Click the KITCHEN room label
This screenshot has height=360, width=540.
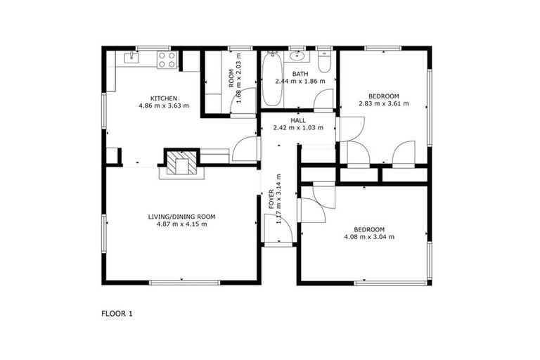(x=163, y=98)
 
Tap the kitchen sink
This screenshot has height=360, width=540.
(x=131, y=56)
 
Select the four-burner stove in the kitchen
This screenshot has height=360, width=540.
(x=166, y=60)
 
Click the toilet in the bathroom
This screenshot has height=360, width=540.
(x=323, y=62)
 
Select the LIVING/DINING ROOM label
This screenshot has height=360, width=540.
(x=181, y=216)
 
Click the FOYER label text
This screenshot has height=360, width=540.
(x=272, y=198)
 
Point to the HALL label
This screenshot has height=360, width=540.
(x=298, y=120)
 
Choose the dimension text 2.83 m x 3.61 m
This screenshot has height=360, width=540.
(x=383, y=104)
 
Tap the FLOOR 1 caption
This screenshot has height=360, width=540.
(x=117, y=314)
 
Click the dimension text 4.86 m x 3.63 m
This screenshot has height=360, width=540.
(x=163, y=106)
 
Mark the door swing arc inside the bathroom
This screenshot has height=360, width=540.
(x=324, y=100)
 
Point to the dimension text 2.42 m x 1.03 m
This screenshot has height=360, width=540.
(x=298, y=128)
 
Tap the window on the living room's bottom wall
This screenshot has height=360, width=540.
(x=184, y=283)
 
